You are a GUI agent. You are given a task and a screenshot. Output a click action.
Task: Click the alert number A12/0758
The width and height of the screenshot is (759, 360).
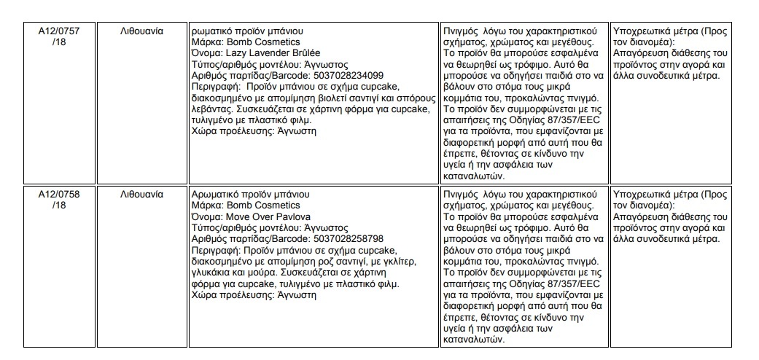coord(59,195)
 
